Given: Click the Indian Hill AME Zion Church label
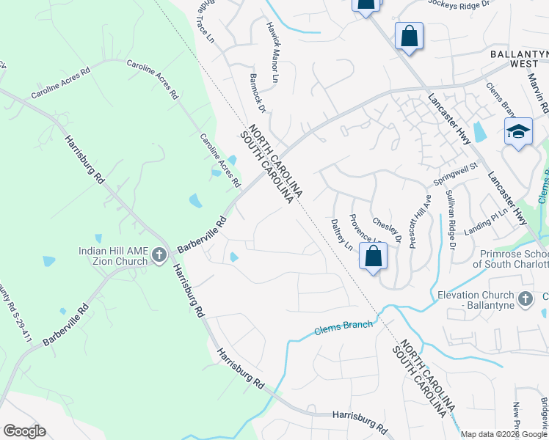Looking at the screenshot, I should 112,256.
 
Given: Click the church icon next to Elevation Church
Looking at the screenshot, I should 525,298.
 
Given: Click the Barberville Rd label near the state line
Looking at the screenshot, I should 200,235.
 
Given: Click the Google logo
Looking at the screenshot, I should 24,431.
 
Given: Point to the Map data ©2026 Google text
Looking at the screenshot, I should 503,434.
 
